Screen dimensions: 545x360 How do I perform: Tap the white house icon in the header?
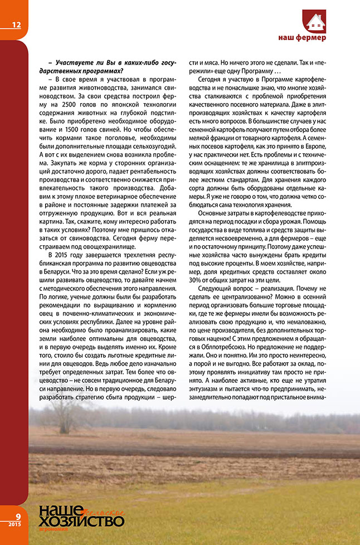coord(315,22)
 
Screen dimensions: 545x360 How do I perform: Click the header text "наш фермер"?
coord(302,38)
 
